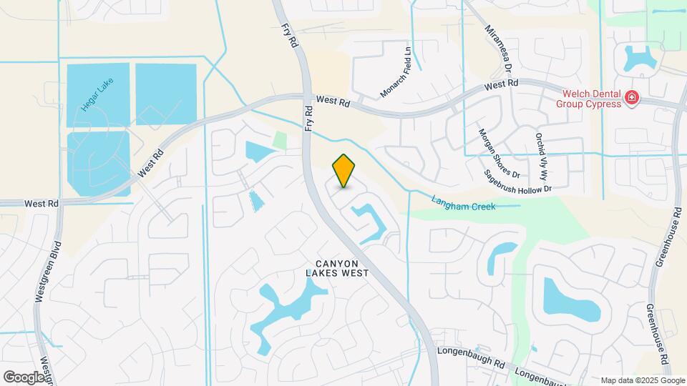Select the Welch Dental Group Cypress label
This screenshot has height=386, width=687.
590,98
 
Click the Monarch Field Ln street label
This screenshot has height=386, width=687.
396,72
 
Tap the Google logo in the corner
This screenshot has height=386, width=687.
24,377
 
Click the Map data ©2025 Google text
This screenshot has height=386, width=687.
642,380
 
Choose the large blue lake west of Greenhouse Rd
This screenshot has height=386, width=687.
569,299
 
